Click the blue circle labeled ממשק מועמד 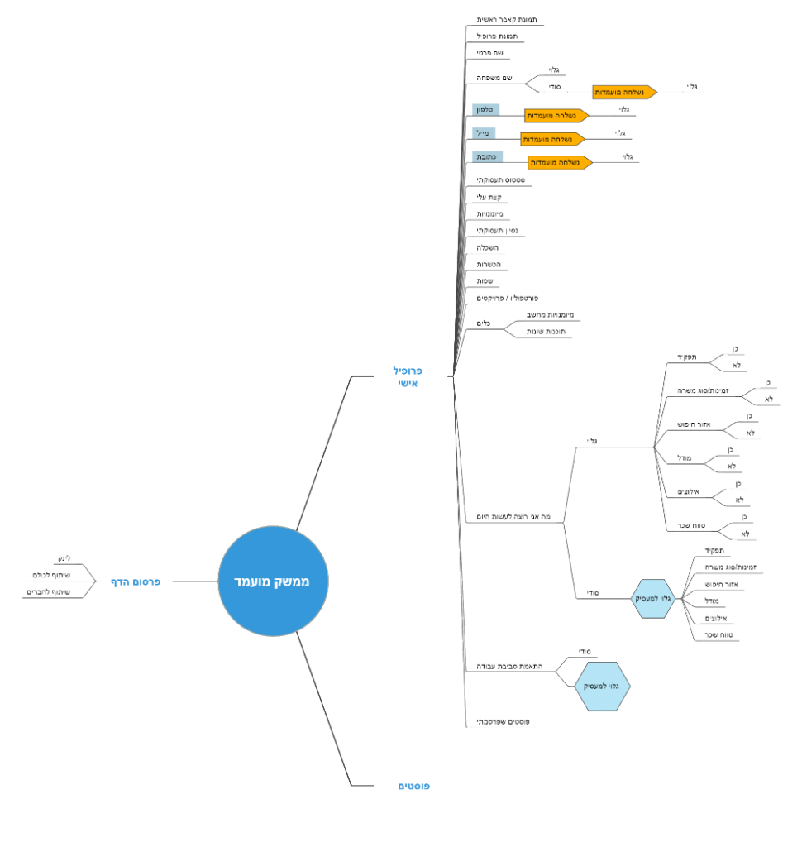click(273, 581)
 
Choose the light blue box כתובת click(487, 156)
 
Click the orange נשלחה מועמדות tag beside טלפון click(556, 116)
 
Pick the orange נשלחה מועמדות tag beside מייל click(552, 139)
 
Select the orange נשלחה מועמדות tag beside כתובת click(560, 163)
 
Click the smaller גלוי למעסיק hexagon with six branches click(654, 598)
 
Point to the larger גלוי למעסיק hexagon click(603, 686)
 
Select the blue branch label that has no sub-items click(413, 786)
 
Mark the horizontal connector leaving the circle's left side click(193, 581)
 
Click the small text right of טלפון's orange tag click(624, 109)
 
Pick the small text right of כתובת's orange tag click(628, 156)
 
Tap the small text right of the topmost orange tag click(693, 85)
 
